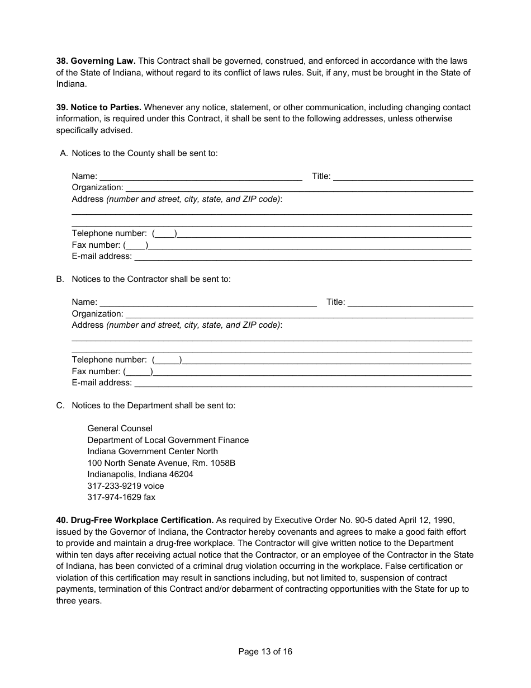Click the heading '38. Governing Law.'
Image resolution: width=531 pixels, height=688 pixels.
[96, 61]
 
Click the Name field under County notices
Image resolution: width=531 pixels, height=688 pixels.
[201, 177]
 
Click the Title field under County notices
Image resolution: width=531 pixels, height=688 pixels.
[402, 177]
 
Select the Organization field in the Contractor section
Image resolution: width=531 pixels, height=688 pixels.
[299, 314]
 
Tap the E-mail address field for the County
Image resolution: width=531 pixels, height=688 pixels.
[303, 257]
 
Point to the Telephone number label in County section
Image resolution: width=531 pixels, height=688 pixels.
[110, 233]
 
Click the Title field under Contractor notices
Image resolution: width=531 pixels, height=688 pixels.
[410, 303]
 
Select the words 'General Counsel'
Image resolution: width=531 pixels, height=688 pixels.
[120, 428]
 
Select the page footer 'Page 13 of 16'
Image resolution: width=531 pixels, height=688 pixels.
[265, 652]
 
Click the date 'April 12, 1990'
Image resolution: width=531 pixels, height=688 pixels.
[429, 520]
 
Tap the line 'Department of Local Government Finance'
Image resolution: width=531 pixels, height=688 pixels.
[168, 440]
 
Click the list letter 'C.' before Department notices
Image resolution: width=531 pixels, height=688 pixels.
[60, 406]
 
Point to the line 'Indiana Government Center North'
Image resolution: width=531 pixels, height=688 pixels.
[153, 451]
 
